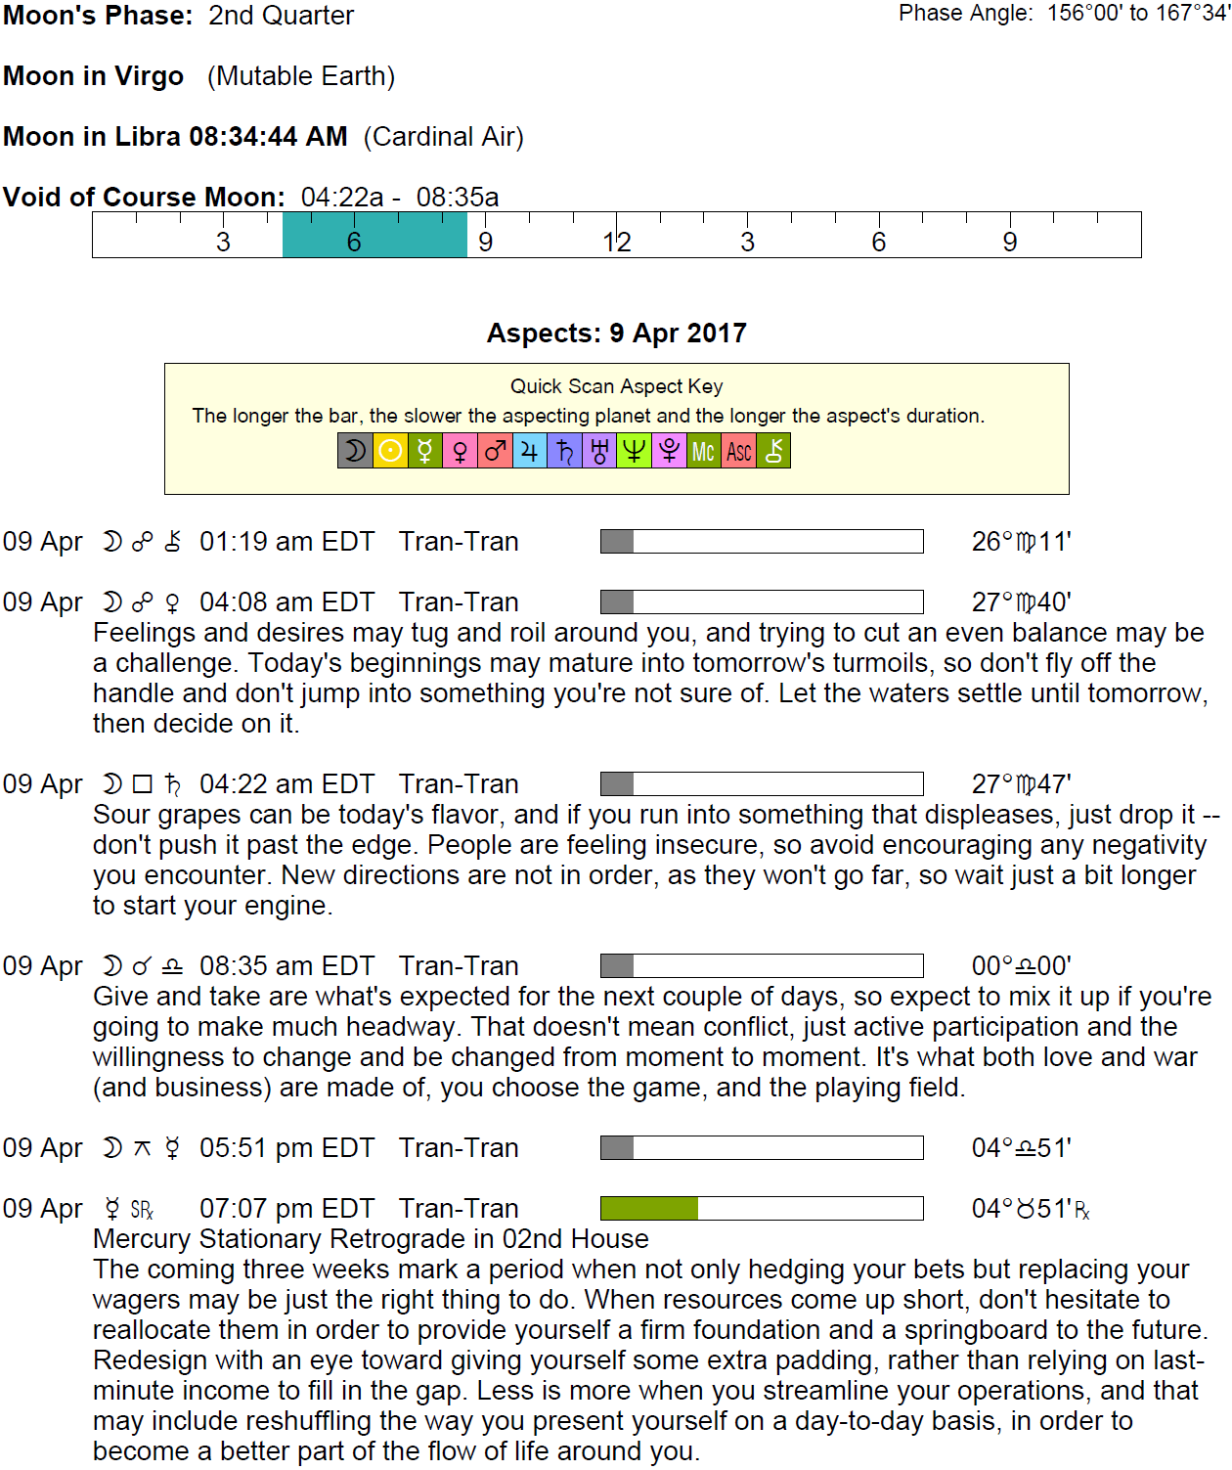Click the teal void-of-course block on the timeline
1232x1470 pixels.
click(374, 235)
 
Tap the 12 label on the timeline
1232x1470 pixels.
click(617, 242)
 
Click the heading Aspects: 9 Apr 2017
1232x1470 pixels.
click(616, 334)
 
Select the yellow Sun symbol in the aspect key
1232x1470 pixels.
click(390, 451)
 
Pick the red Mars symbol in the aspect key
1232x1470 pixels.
click(495, 451)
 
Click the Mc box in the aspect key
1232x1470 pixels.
click(703, 451)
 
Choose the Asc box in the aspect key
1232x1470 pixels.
click(738, 451)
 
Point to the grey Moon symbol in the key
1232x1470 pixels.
click(355, 451)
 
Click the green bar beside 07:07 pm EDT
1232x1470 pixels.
click(649, 1209)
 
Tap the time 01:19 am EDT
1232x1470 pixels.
click(286, 542)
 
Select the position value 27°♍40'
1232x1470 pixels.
click(1021, 602)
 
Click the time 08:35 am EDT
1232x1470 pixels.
click(286, 966)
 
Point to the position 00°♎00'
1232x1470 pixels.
click(1021, 966)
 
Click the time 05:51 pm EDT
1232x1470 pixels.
click(286, 1148)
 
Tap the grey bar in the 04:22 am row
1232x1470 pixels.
click(617, 784)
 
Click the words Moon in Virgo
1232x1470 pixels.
click(93, 76)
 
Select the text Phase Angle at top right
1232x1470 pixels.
click(965, 13)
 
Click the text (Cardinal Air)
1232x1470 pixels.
click(443, 137)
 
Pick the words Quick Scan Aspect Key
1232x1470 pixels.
click(616, 386)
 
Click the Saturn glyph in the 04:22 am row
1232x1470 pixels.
click(173, 784)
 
